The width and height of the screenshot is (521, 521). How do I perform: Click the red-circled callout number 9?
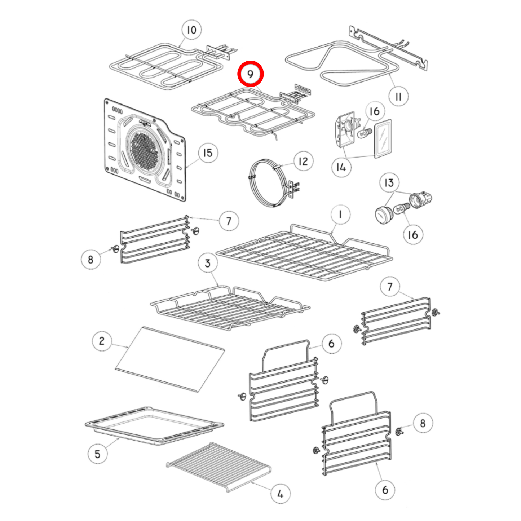250,74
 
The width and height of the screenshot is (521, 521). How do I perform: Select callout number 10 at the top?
191,30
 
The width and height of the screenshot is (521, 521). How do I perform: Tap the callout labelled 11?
398,96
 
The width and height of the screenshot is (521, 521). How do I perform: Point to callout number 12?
303,161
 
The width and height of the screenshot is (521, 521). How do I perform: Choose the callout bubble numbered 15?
208,153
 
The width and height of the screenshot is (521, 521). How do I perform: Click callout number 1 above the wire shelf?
340,215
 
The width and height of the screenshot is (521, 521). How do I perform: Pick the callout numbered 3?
208,263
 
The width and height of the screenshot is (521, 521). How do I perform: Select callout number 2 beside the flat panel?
102,341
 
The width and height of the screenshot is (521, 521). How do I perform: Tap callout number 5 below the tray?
97,454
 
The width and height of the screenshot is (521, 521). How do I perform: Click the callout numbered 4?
280,494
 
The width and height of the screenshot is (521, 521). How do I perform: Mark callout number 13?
389,183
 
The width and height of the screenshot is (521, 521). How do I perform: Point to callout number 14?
341,167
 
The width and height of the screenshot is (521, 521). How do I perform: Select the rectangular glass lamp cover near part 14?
383,139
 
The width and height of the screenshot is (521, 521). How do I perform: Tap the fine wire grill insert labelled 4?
218,465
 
